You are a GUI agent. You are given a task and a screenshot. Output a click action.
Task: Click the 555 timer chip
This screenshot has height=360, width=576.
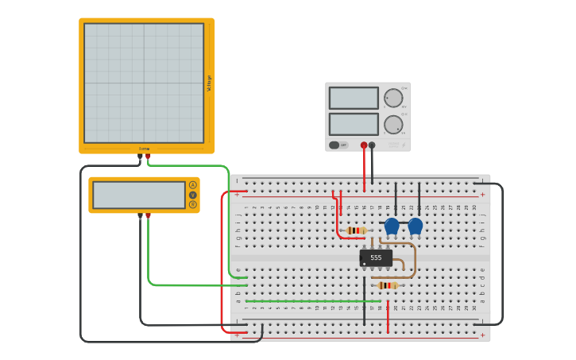[376, 257]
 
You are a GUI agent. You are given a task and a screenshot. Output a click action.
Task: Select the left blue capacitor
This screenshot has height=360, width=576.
[392, 226]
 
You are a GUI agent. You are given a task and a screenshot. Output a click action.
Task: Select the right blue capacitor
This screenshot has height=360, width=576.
[416, 226]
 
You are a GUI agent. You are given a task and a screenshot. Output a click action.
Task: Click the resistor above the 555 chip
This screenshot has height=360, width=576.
[356, 230]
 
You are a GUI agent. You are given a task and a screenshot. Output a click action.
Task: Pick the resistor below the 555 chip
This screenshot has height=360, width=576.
[387, 285]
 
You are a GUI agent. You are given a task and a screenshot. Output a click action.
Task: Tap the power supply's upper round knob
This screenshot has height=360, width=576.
[393, 98]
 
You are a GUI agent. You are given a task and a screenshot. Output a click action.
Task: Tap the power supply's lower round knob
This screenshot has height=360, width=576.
[393, 125]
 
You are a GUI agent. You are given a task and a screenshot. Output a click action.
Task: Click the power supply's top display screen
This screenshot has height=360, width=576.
[354, 98]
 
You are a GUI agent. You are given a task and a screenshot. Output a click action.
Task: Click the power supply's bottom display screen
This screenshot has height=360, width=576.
[354, 124]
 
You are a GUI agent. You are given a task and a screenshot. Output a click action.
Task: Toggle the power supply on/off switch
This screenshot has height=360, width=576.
[335, 145]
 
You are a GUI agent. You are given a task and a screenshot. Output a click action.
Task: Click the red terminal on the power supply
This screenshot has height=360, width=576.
[364, 145]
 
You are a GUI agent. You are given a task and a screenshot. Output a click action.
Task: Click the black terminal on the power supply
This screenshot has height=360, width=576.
[372, 145]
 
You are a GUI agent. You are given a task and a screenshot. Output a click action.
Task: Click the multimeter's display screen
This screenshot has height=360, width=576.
[139, 195]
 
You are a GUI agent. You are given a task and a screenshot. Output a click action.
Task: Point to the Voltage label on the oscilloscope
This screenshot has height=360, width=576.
[209, 83]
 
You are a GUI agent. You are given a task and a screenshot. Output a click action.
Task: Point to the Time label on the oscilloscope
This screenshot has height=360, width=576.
[144, 149]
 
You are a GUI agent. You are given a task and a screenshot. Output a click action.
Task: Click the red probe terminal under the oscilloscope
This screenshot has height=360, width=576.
[148, 157]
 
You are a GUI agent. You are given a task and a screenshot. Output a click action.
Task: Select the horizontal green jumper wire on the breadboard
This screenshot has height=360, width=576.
[310, 301]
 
